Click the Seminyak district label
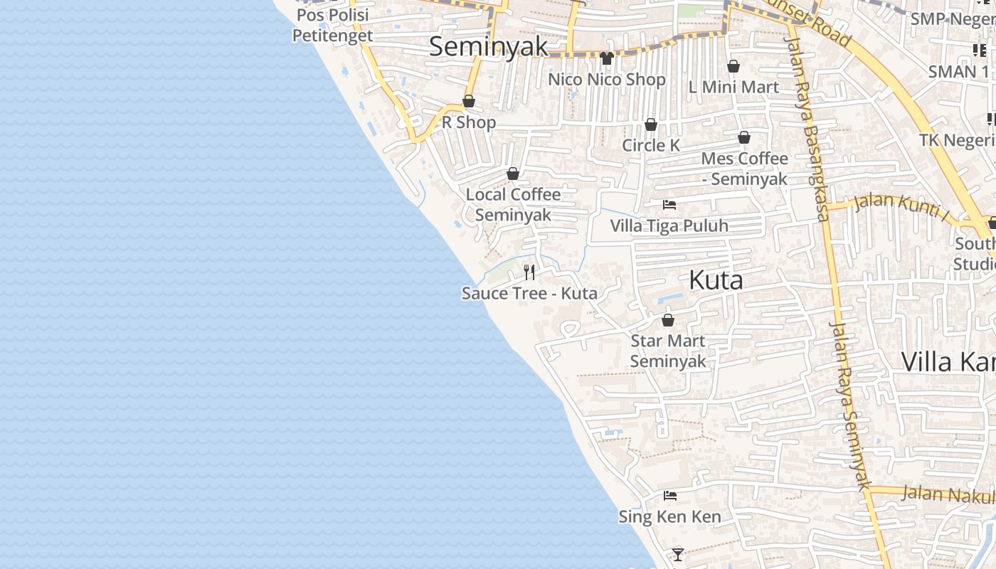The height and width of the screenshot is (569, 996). click(489, 46)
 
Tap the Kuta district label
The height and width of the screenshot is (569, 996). click(716, 280)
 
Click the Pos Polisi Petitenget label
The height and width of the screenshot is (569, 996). click(333, 25)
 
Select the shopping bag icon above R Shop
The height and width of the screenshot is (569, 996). click(469, 101)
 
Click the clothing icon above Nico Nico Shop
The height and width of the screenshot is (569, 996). click(606, 58)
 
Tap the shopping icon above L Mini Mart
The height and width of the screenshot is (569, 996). click(733, 66)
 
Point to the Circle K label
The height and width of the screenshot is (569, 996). click(651, 145)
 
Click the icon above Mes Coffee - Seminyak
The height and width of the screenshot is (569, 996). click(744, 137)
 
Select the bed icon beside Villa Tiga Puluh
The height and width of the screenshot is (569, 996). click(669, 205)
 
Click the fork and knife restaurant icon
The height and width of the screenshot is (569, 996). click(529, 272)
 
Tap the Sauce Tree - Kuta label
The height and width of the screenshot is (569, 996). click(529, 293)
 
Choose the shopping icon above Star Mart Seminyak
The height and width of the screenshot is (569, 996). click(667, 320)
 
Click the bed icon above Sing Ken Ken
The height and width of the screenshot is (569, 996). click(669, 496)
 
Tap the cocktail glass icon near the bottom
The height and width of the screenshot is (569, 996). click(677, 553)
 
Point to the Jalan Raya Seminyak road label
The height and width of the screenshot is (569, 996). click(850, 405)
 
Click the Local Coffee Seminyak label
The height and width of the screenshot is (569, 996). click(513, 204)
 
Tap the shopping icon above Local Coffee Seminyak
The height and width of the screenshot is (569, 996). click(513, 174)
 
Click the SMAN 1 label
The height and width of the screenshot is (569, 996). click(958, 71)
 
